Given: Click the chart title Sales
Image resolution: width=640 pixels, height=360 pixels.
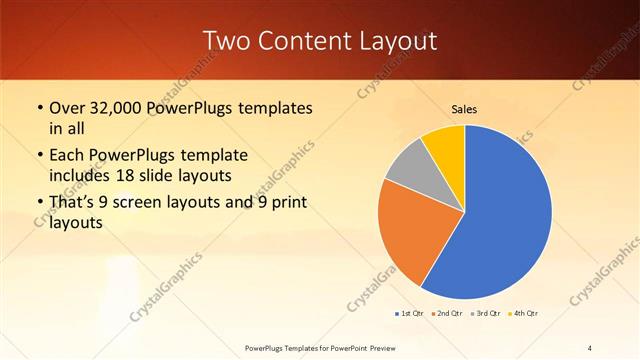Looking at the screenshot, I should pyautogui.click(x=464, y=108).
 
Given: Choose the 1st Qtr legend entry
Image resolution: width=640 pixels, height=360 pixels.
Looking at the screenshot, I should pyautogui.click(x=410, y=314).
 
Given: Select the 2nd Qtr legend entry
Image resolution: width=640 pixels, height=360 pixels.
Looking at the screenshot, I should pyautogui.click(x=445, y=314).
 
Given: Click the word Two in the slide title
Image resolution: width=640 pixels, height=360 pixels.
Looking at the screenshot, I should pyautogui.click(x=223, y=41).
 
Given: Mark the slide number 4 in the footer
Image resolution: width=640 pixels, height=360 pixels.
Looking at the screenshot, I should pyautogui.click(x=590, y=347).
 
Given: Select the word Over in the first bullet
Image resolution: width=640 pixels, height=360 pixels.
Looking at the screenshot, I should pyautogui.click(x=67, y=107).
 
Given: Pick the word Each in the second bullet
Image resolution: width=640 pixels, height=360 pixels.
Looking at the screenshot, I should pyautogui.click(x=67, y=155).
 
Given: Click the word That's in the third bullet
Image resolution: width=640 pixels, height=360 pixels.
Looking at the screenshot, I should pyautogui.click(x=73, y=203).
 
